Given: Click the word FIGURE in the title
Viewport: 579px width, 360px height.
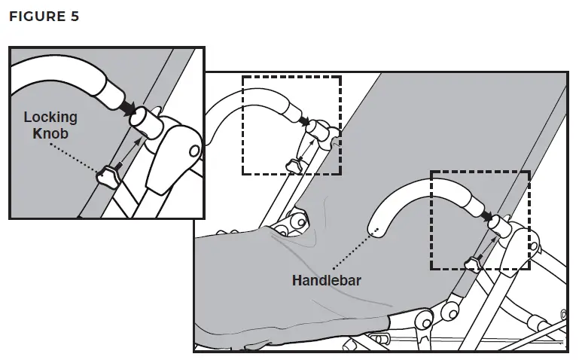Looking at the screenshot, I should [35, 15].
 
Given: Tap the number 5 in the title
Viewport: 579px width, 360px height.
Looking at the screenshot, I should [74, 15].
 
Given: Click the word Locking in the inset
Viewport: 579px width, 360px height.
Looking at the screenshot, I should [50, 117].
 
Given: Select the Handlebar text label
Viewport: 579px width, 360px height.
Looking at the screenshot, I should [327, 280].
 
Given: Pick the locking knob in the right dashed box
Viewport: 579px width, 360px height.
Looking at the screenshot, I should [472, 261].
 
